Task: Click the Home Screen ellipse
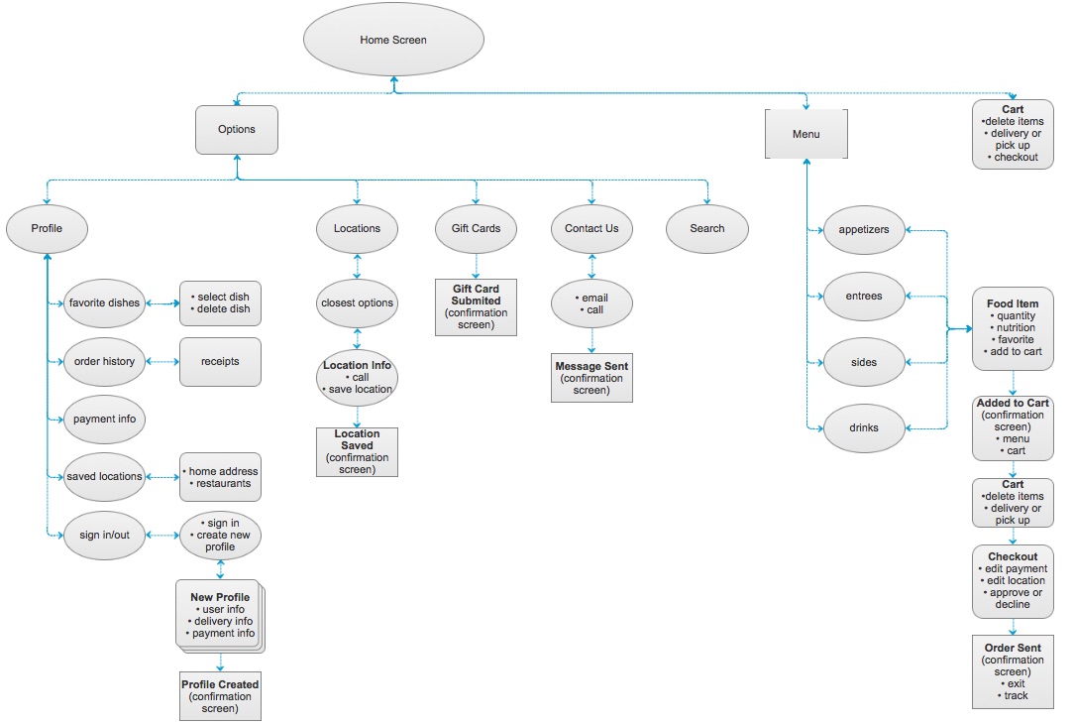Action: (393, 41)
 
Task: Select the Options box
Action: (237, 130)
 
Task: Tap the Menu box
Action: (805, 134)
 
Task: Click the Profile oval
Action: (47, 228)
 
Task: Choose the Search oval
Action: (707, 228)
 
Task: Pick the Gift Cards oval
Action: (477, 228)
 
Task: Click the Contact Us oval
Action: (591, 228)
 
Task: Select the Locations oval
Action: (357, 228)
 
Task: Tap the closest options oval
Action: (357, 303)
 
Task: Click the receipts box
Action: (220, 362)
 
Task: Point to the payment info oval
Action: (104, 420)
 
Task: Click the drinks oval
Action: (864, 428)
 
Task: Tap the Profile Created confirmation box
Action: (220, 696)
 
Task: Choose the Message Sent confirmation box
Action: (592, 379)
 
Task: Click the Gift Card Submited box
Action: (477, 306)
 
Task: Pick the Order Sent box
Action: (1013, 671)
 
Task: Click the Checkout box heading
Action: (1013, 556)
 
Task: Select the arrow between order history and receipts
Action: (161, 362)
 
